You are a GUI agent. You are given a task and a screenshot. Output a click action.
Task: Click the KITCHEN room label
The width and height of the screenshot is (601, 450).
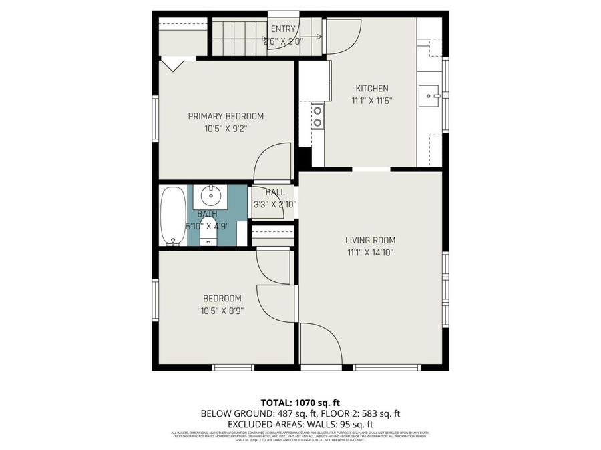click(x=371, y=88)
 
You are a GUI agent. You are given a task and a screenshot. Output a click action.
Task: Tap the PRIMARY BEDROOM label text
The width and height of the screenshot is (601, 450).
click(x=225, y=116)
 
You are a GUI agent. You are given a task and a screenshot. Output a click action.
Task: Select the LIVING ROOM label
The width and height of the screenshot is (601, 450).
click(x=370, y=240)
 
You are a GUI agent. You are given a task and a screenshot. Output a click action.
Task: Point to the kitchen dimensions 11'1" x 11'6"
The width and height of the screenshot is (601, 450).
click(x=371, y=101)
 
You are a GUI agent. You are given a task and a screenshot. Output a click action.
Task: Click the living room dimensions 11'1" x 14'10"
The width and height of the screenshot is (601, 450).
click(x=370, y=253)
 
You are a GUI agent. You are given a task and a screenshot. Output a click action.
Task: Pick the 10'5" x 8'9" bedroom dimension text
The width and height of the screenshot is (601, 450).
click(x=223, y=311)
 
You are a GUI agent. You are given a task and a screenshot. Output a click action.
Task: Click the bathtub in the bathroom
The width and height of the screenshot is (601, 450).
click(x=174, y=216)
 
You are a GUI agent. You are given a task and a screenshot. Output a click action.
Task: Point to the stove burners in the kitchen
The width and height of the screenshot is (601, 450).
click(x=318, y=116)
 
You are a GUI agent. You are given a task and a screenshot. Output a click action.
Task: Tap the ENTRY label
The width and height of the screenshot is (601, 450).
click(x=283, y=29)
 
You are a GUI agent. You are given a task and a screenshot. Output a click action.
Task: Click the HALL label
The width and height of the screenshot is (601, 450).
click(x=274, y=193)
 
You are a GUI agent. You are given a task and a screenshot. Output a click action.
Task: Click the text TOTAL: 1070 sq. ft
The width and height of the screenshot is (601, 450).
click(x=300, y=402)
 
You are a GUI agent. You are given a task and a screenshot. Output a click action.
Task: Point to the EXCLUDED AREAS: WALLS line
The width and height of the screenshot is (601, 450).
click(x=300, y=424)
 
